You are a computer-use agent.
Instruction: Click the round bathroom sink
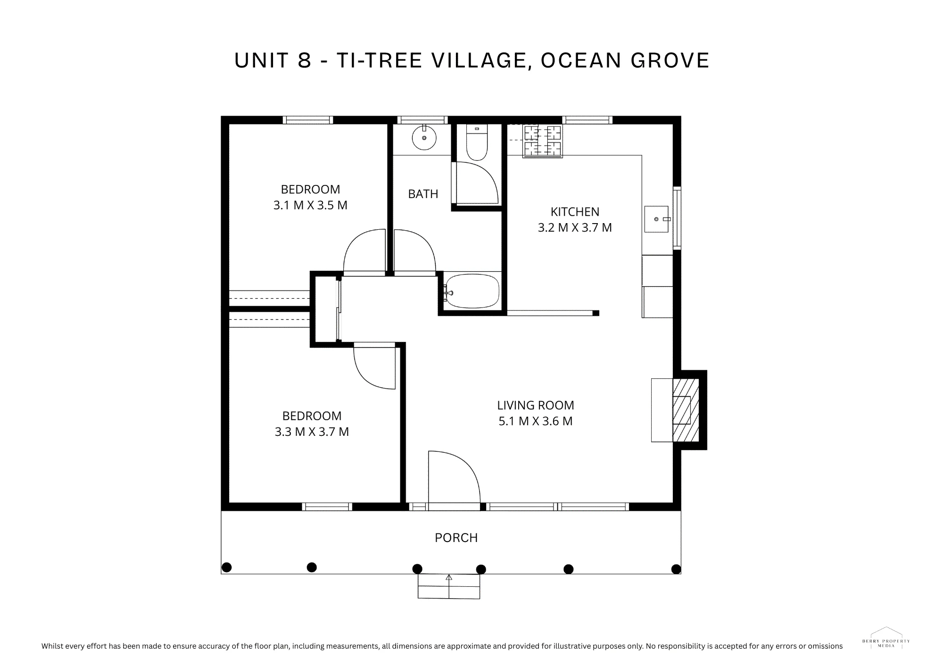pyautogui.click(x=424, y=138)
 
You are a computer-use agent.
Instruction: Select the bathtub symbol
pyautogui.click(x=472, y=292)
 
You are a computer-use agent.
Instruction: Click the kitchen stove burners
pyautogui.click(x=542, y=141)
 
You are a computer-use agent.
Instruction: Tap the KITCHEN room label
pyautogui.click(x=575, y=212)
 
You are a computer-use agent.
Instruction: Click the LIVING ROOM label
pyautogui.click(x=536, y=405)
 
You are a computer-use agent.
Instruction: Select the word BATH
pyautogui.click(x=423, y=194)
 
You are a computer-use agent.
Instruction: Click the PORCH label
pyautogui.click(x=456, y=538)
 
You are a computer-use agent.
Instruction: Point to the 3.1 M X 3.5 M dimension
pyautogui.click(x=310, y=205)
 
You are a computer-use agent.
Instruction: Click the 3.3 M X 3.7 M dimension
pyautogui.click(x=312, y=432)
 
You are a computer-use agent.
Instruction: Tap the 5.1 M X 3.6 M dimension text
pyautogui.click(x=536, y=421)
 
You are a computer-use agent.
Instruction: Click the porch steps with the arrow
pyautogui.click(x=449, y=586)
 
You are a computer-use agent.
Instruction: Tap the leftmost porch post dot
pyautogui.click(x=226, y=567)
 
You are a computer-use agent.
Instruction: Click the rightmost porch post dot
pyautogui.click(x=676, y=569)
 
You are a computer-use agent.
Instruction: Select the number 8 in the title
pyautogui.click(x=305, y=60)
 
